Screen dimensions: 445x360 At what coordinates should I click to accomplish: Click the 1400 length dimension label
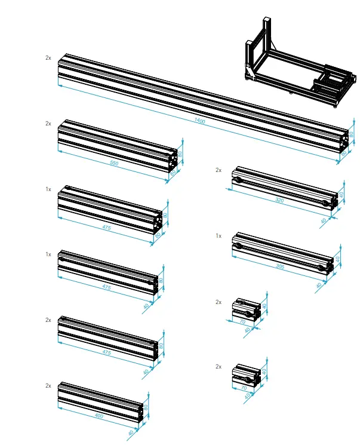click(199, 121)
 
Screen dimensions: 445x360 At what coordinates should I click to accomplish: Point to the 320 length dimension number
click(279, 201)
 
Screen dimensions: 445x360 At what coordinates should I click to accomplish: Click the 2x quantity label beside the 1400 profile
click(48, 58)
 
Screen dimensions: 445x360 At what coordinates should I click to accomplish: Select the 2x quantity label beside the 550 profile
click(48, 123)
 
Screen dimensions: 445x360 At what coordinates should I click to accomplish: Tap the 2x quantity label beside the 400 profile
click(48, 385)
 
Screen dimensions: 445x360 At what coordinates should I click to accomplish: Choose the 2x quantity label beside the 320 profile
click(219, 170)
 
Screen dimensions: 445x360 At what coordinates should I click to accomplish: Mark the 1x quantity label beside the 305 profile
click(219, 236)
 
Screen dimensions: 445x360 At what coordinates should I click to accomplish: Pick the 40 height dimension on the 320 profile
click(342, 194)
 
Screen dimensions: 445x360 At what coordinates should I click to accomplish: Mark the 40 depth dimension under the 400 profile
click(131, 433)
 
